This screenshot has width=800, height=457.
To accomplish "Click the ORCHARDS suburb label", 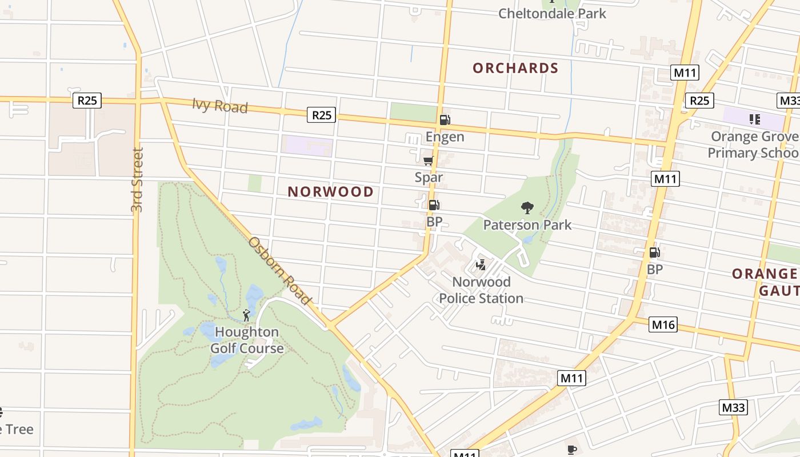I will click(x=515, y=68).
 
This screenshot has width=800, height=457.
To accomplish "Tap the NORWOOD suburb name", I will click(x=330, y=192).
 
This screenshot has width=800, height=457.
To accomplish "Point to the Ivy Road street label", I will click(x=220, y=106).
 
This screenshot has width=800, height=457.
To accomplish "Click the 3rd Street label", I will click(x=137, y=180).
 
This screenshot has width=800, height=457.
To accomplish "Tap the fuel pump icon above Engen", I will click(x=445, y=120).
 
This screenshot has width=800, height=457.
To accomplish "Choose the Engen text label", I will click(x=445, y=137).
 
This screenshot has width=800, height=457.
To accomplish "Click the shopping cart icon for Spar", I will click(x=429, y=161).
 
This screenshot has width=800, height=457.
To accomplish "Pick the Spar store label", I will click(x=429, y=178).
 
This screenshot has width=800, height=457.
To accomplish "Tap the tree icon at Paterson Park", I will click(x=527, y=208).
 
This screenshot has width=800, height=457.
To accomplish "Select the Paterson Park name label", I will click(x=527, y=225).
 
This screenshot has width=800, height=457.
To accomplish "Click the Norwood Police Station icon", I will click(x=481, y=264).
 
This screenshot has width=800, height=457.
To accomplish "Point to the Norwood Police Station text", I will click(x=481, y=290).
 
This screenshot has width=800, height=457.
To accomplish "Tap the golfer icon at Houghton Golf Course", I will click(x=246, y=315).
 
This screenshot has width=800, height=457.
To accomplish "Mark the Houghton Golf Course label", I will click(x=247, y=340).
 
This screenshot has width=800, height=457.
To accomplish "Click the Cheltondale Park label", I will click(x=552, y=13).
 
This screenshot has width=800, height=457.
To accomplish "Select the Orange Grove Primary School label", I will click(x=753, y=145).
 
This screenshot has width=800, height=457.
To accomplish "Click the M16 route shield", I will click(x=663, y=325).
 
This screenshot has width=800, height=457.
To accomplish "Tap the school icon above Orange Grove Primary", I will click(x=754, y=119).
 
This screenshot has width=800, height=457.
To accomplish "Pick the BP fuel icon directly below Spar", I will click(x=434, y=205).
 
